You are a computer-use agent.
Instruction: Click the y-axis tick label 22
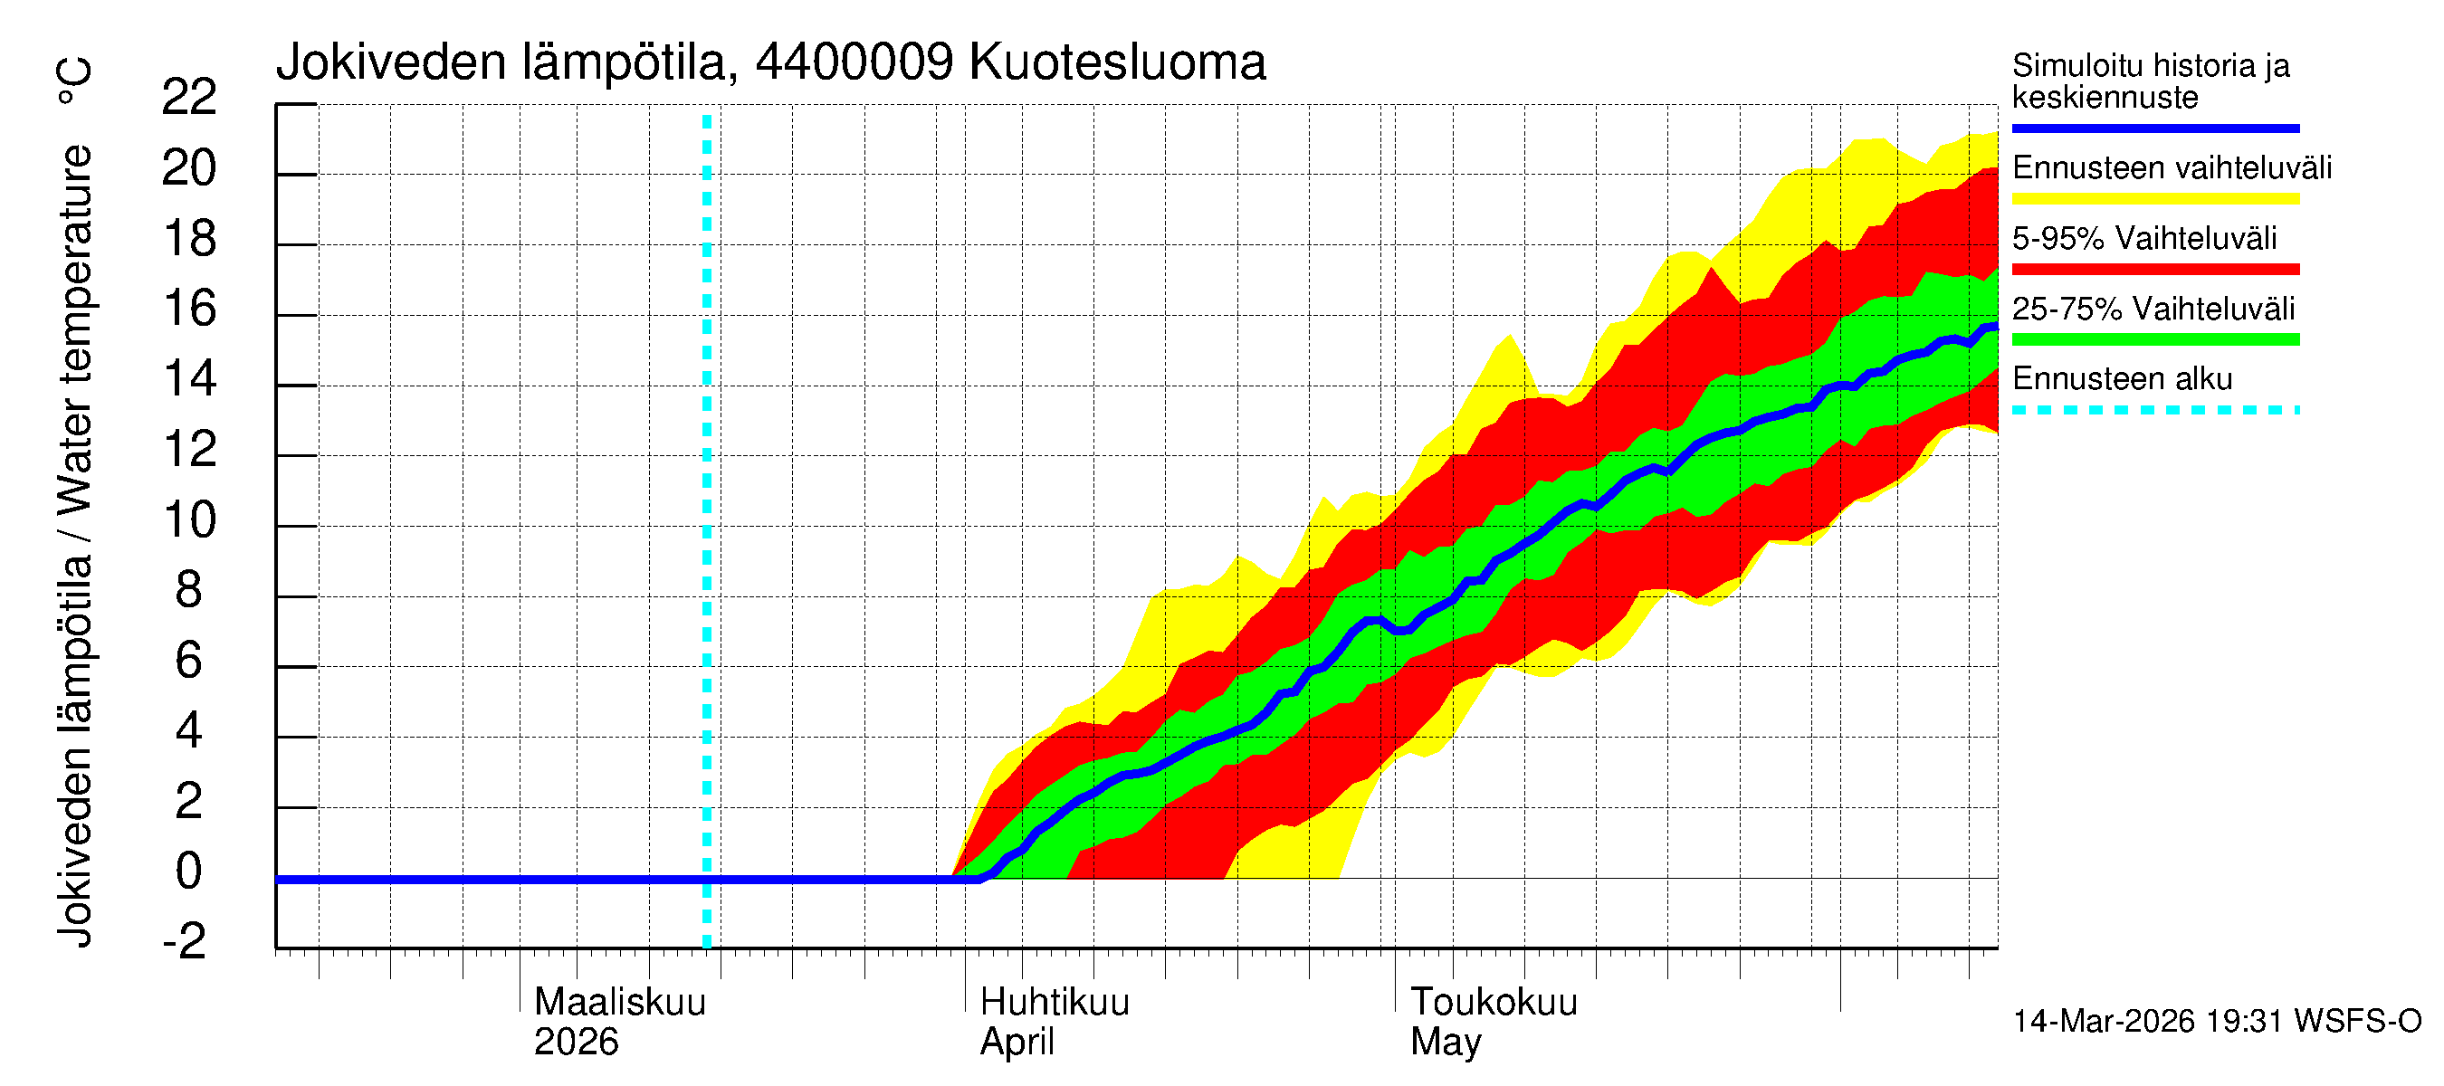189,97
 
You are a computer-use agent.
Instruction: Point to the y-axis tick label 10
189,519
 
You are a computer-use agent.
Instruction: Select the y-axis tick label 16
189,309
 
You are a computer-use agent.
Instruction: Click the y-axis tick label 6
189,660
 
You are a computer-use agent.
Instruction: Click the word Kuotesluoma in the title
1118,62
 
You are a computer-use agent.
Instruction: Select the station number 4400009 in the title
854,62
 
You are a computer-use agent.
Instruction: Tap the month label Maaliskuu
619,1002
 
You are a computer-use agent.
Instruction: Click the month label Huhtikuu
1054,1002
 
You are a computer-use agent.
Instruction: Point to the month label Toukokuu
1494,1002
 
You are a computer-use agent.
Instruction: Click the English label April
1017,1042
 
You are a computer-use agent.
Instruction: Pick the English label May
1445,1042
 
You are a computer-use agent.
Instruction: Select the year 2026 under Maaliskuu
576,1042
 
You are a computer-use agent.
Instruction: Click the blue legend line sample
2154,128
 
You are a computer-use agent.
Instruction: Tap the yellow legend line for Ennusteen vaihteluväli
2154,199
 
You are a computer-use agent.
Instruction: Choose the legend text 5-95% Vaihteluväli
2143,238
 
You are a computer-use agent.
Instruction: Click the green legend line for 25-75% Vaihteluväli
2154,339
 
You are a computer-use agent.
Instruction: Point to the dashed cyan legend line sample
2154,411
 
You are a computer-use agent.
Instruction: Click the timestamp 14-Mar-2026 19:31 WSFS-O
2216,1022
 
